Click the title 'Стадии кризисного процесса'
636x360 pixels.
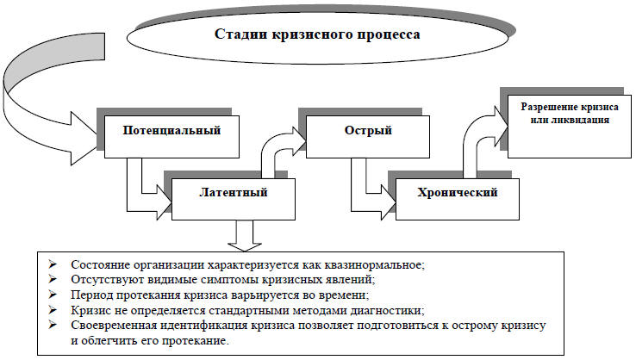tap(316, 35)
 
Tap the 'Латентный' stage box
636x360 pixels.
tap(232, 192)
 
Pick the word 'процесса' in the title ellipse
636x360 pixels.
tap(385, 35)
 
